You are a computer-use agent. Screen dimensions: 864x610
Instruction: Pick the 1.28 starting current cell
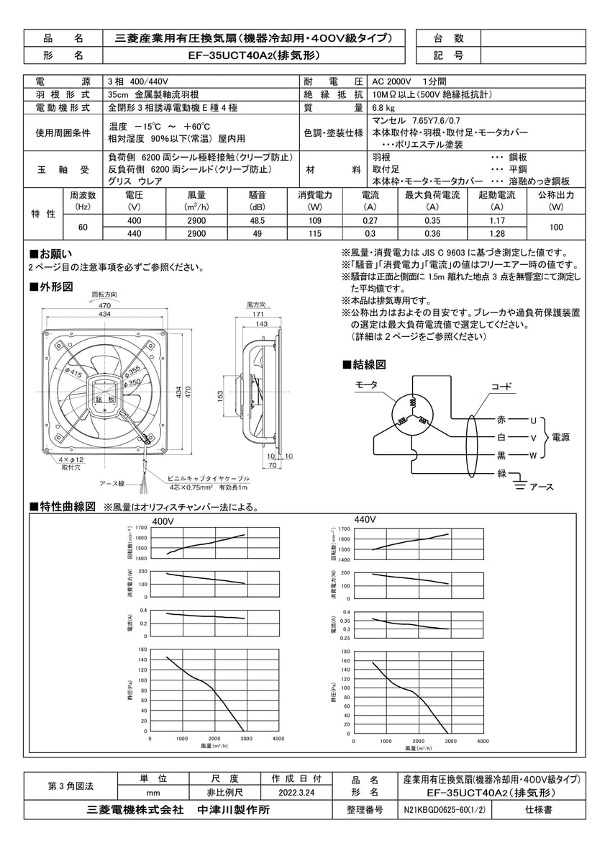coord(496,234)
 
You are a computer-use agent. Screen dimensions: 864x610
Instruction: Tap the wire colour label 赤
coord(501,419)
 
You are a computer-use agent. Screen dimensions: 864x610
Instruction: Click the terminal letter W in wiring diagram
coord(533,455)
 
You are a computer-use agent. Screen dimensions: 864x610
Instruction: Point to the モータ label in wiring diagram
coord(366,385)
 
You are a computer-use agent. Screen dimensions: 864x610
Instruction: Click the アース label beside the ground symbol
coord(541,487)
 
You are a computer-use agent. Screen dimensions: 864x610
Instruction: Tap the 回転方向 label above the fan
coord(104,295)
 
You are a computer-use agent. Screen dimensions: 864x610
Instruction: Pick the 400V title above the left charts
coord(163,521)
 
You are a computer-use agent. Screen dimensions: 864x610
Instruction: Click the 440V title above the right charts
coord(366,519)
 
